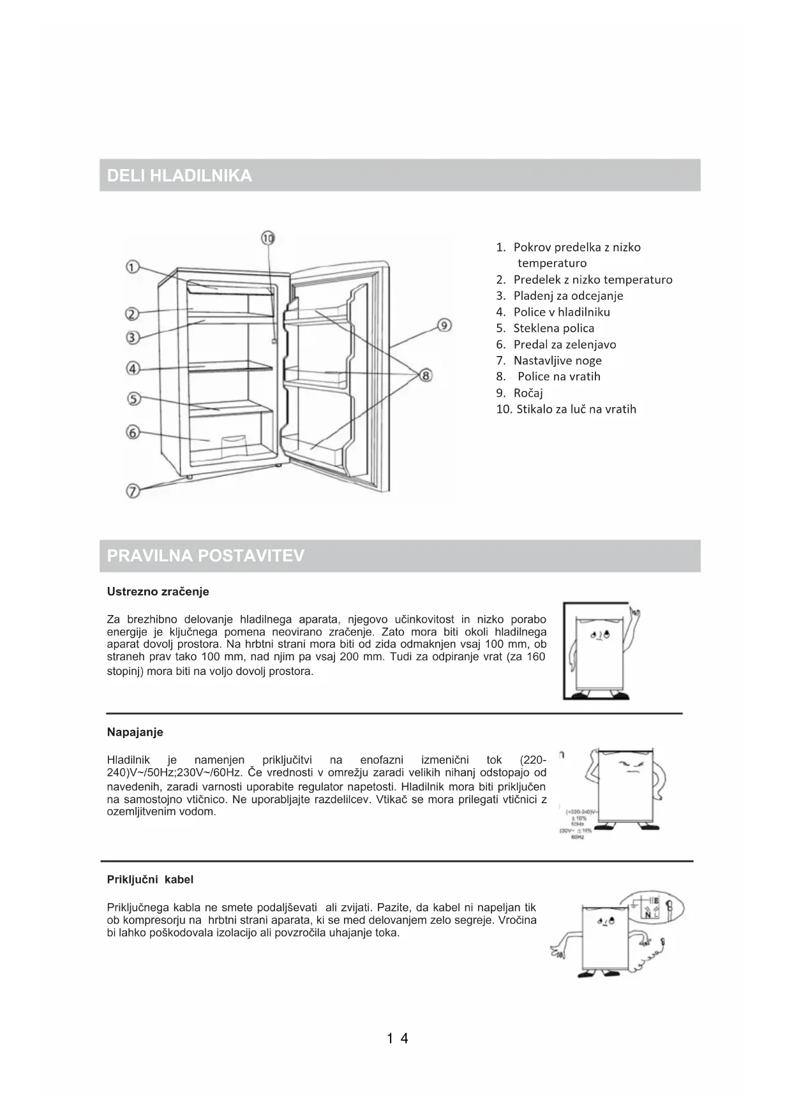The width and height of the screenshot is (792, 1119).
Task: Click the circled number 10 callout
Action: pyautogui.click(x=268, y=239)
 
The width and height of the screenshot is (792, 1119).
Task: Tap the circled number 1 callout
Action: pyautogui.click(x=132, y=267)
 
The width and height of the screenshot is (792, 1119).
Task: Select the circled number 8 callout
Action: pyautogui.click(x=426, y=375)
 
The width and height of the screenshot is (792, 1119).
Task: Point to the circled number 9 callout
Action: pyautogui.click(x=445, y=325)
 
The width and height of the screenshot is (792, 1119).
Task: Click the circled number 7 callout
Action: pyautogui.click(x=133, y=491)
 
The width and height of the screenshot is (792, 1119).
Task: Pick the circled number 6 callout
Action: pyautogui.click(x=133, y=433)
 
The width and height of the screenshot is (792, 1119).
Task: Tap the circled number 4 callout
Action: pyautogui.click(x=133, y=369)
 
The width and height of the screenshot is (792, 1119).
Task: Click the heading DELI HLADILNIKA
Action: pyautogui.click(x=179, y=176)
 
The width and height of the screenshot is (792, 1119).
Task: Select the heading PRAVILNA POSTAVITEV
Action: pyautogui.click(x=205, y=556)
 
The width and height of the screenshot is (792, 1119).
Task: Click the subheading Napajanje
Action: pyautogui.click(x=135, y=732)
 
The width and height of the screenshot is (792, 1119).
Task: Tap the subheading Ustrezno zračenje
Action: pyautogui.click(x=158, y=591)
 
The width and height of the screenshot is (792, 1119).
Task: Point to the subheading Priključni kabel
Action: pyautogui.click(x=150, y=880)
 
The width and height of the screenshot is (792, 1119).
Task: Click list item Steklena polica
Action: pyautogui.click(x=553, y=328)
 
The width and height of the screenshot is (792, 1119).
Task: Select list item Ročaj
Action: pyautogui.click(x=528, y=393)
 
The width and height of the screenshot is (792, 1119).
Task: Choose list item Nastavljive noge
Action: pyautogui.click(x=557, y=360)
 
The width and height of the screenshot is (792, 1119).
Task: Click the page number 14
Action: pyautogui.click(x=397, y=1039)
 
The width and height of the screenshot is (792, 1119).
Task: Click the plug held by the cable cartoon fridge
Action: pyautogui.click(x=664, y=940)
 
